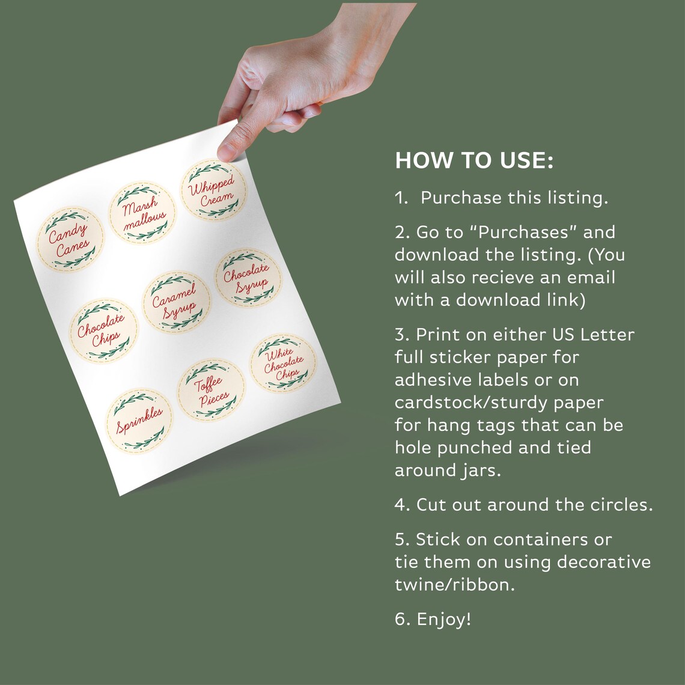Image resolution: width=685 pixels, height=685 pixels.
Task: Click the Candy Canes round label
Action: tap(70, 239)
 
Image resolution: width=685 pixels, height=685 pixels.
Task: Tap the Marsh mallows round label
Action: tap(143, 213)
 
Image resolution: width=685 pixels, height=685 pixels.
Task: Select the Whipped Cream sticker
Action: tap(213, 190)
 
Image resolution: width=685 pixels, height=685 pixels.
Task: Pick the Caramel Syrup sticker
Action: tap(176, 302)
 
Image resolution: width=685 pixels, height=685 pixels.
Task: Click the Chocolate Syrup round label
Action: tap(248, 278)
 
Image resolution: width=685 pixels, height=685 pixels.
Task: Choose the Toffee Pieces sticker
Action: tap(211, 390)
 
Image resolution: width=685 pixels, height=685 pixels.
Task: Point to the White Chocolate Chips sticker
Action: tap(282, 363)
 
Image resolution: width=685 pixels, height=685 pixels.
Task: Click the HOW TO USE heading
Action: tap(473, 161)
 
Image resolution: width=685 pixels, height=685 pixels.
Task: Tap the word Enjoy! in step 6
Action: tap(443, 619)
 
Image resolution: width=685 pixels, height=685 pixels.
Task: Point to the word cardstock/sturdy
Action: tap(498, 402)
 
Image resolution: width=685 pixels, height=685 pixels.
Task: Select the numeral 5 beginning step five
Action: tap(400, 540)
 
